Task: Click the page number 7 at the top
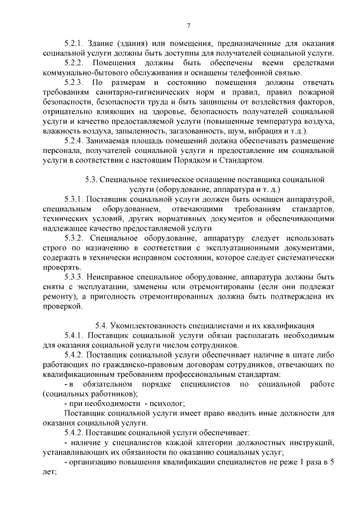point(188,24)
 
